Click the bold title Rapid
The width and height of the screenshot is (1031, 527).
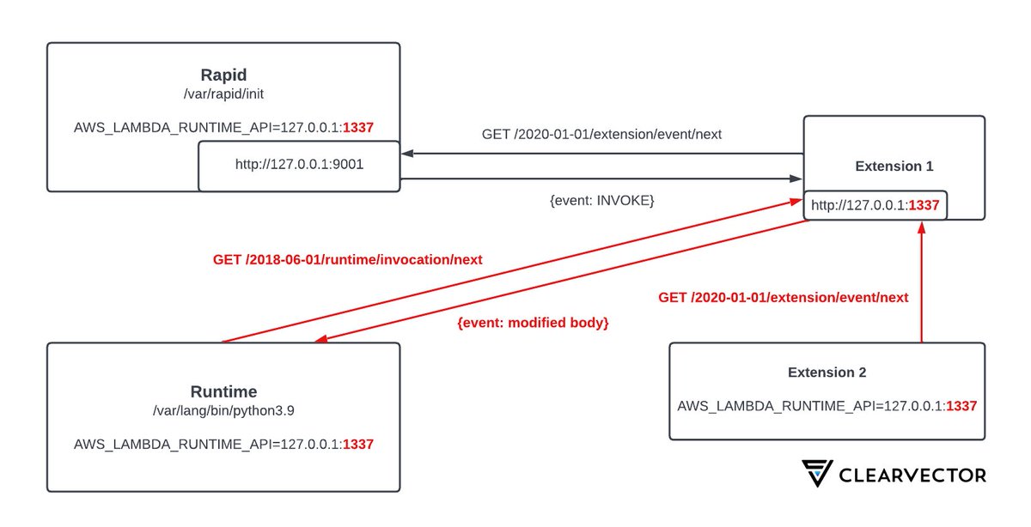pos(223,75)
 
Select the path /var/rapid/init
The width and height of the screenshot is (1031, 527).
pos(223,93)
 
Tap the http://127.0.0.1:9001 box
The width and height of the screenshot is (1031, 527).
pos(299,166)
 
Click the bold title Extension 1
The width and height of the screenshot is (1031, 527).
pos(894,167)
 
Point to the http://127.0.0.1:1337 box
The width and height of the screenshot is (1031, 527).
pos(875,205)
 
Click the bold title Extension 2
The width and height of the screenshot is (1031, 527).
pos(827,373)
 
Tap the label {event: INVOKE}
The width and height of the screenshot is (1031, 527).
pos(601,200)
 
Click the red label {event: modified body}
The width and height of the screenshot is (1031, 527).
pos(533,324)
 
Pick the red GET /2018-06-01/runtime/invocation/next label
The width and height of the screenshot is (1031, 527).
pos(347,259)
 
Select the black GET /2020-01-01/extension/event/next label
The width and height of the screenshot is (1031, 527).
pos(601,134)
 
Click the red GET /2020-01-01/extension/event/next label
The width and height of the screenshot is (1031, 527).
pos(783,298)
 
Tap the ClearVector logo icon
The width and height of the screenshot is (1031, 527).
pos(817,474)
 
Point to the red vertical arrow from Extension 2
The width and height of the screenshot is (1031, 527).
pos(921,283)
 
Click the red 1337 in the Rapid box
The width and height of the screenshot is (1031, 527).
pos(358,127)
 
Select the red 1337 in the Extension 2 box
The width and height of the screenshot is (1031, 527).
pos(961,406)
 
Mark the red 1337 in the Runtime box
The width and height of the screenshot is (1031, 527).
pos(358,445)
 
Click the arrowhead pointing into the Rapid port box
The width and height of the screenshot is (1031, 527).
pos(409,154)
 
